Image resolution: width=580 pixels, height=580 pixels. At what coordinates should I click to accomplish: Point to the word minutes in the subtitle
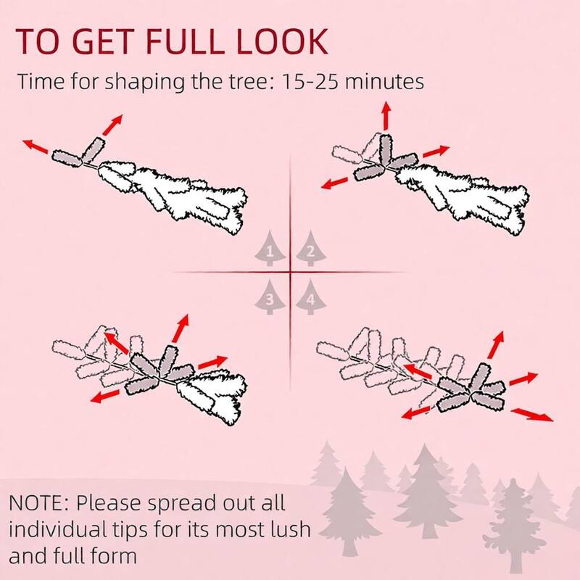pos(384,82)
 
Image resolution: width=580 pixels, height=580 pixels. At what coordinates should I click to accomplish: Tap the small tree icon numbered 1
pos(270,249)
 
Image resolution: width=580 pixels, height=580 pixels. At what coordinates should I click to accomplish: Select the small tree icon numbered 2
pos(311,249)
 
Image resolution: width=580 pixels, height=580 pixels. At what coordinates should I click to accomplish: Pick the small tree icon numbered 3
pos(270,297)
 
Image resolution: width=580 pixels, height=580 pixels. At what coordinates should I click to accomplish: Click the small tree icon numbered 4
pos(311,297)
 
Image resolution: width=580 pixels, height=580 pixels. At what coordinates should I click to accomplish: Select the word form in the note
pos(114,556)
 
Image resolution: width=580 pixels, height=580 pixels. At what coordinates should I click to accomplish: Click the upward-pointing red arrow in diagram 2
pos(386,116)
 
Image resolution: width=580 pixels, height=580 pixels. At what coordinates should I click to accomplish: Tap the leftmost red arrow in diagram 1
pos(36,146)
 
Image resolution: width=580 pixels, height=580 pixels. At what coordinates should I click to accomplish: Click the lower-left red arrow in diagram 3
pos(105,396)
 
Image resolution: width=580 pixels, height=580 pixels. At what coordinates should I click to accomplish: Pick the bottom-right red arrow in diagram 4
pos(532,415)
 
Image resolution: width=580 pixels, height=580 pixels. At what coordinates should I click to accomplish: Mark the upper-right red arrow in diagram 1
pos(112,125)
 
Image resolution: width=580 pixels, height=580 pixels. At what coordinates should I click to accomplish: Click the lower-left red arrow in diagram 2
pos(335,183)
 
